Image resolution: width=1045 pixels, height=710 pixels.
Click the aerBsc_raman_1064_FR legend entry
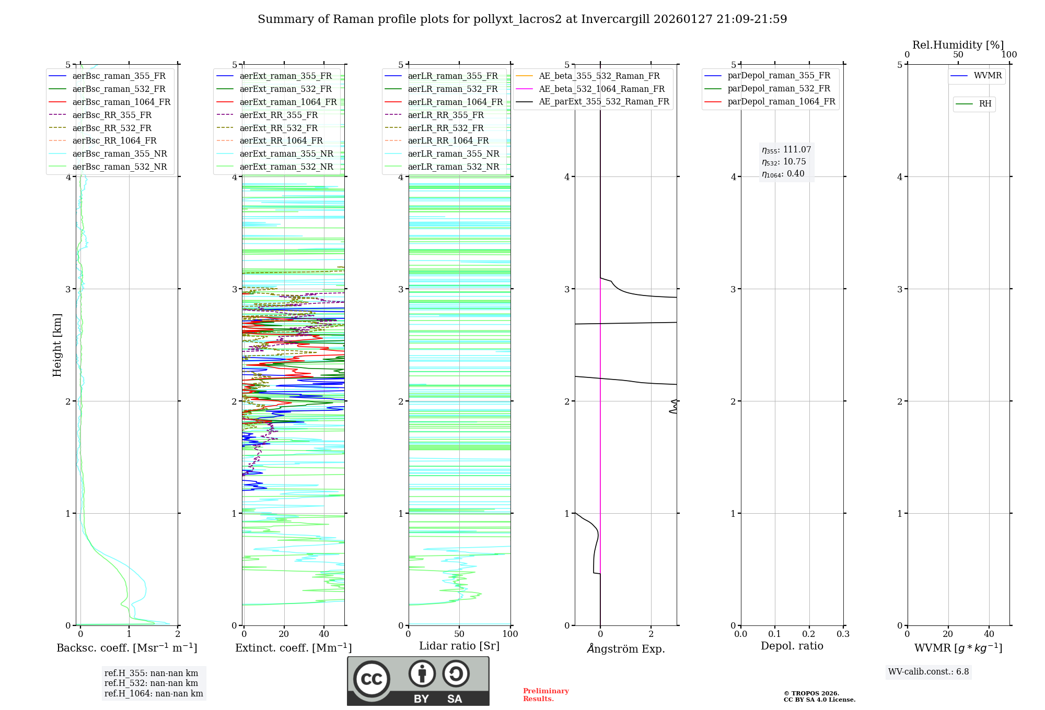pyautogui.click(x=121, y=102)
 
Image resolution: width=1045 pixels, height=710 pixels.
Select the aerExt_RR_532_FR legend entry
pyautogui.click(x=278, y=128)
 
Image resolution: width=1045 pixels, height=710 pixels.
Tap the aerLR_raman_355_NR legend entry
pyautogui.click(x=453, y=153)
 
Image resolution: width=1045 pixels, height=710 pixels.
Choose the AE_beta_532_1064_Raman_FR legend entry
pyautogui.click(x=601, y=89)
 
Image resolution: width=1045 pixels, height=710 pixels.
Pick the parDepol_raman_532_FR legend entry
pyautogui.click(x=779, y=89)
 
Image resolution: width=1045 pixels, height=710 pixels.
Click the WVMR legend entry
pyautogui.click(x=988, y=76)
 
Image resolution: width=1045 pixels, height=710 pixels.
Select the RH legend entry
pyautogui.click(x=985, y=104)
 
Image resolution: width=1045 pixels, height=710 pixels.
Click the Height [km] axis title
pyautogui.click(x=57, y=345)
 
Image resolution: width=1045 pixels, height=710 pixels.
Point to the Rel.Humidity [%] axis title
pyautogui.click(x=958, y=45)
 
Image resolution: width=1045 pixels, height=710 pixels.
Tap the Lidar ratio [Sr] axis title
pyautogui.click(x=459, y=646)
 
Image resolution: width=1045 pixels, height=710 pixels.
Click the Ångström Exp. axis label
pyautogui.click(x=625, y=648)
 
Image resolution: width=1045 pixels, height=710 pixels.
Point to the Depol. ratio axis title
pyautogui.click(x=792, y=646)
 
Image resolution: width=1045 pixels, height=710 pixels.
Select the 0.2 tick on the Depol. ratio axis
pyautogui.click(x=809, y=634)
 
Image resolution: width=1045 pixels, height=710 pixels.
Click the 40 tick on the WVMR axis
pyautogui.click(x=989, y=634)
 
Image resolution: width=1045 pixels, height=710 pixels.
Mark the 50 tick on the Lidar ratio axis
pyautogui.click(x=459, y=634)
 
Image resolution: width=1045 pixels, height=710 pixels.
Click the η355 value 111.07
pyautogui.click(x=797, y=150)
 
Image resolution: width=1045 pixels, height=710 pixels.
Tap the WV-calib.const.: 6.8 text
pyautogui.click(x=928, y=672)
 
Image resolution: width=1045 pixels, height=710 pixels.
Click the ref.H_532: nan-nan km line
pyautogui.click(x=151, y=683)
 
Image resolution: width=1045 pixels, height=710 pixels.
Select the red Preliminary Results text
pyautogui.click(x=545, y=695)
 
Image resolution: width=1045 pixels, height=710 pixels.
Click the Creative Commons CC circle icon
pyautogui.click(x=371, y=679)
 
